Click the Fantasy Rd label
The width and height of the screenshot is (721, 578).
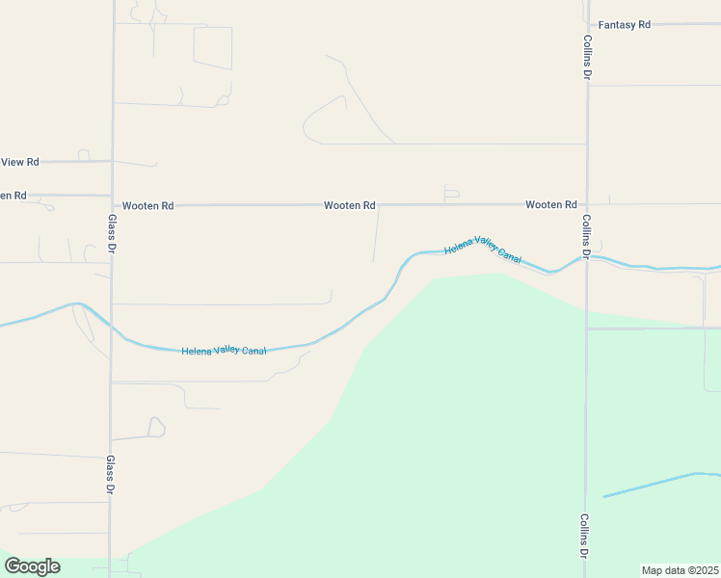625,24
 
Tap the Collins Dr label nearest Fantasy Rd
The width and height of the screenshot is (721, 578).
587,57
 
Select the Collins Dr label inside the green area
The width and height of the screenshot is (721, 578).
585,536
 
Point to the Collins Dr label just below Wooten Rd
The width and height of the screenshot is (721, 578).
586,236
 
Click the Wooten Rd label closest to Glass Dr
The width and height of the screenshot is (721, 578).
147,206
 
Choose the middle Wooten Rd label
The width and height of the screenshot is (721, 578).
349,205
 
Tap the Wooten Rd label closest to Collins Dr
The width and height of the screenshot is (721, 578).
550,205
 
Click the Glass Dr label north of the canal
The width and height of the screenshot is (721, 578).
112,234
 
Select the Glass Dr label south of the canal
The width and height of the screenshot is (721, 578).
111,475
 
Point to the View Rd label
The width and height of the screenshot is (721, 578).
19,162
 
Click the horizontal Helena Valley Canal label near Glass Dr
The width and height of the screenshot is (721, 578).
224,351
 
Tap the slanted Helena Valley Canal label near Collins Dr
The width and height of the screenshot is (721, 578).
483,252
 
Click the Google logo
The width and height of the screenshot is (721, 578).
32,566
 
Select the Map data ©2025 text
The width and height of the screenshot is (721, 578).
680,570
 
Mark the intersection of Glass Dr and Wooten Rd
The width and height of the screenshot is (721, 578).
112,205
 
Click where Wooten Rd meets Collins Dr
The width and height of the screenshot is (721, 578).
586,204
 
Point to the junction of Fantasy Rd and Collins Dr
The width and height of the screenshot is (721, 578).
587,24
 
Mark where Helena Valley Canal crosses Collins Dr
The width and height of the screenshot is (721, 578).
586,257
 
